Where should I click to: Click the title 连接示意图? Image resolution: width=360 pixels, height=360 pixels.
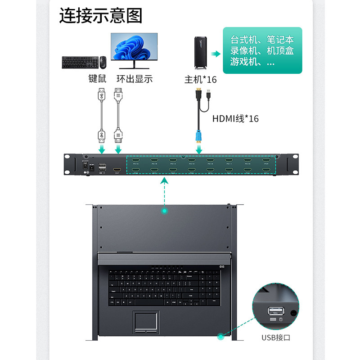point(101,15)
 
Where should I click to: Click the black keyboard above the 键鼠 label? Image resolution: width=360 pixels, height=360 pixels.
point(79,62)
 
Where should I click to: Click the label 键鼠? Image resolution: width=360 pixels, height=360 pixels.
point(97,79)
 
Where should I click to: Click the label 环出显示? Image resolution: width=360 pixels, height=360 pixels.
point(135,79)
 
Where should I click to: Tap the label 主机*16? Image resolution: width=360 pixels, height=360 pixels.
point(201,80)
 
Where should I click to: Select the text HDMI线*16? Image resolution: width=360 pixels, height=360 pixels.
point(235,119)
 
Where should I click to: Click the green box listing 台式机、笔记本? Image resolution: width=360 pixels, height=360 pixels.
point(262,50)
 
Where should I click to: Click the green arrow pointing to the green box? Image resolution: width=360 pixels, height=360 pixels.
point(216,54)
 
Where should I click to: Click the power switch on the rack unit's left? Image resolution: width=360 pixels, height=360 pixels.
point(84,166)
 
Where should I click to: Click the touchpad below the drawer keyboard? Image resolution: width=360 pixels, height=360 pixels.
point(145,321)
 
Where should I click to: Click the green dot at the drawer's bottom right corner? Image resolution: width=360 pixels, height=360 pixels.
point(220,336)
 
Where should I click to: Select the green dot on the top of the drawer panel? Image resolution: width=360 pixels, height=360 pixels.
point(165,210)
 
